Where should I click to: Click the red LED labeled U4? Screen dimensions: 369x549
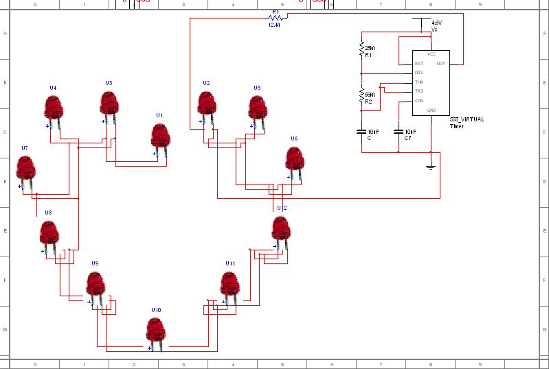[x=53, y=107]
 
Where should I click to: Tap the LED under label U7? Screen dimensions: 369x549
[x=25, y=167]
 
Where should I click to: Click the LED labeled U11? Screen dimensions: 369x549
[x=229, y=284]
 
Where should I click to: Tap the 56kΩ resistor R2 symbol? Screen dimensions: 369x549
[x=361, y=95]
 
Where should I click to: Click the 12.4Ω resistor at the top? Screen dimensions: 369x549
[x=275, y=18]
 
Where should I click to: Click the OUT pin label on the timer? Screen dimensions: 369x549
[x=440, y=64]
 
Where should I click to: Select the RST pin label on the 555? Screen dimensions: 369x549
[x=418, y=64]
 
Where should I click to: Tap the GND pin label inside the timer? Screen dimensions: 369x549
[x=432, y=110]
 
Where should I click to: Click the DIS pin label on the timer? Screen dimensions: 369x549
[x=418, y=73]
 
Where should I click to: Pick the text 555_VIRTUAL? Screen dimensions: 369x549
[x=467, y=119]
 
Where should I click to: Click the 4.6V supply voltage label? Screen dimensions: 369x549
[x=436, y=23]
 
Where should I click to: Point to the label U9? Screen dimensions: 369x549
[x=95, y=263]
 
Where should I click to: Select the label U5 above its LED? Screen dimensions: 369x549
[x=257, y=88]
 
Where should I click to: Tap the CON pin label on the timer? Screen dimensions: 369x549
[x=419, y=100]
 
